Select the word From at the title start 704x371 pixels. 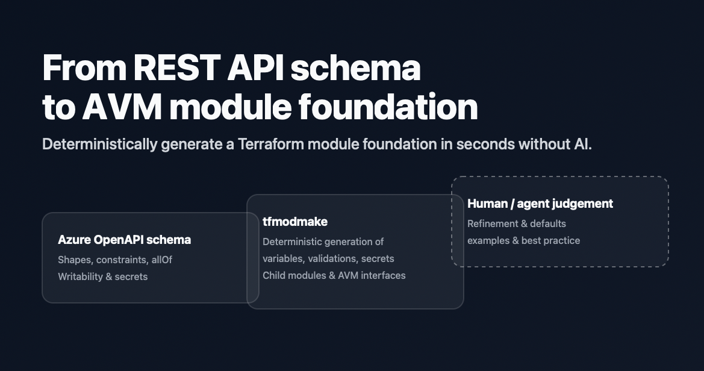click(83, 68)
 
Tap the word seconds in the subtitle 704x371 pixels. click(484, 145)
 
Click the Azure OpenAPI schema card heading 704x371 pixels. click(124, 240)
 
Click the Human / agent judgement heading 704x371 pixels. click(540, 204)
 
